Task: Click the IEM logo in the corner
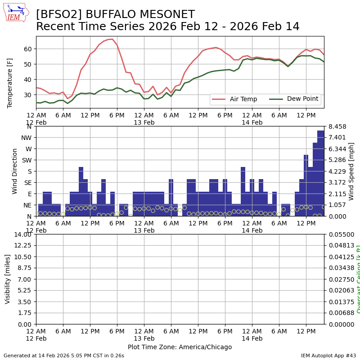pos(16,13)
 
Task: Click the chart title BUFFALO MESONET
pos(115,15)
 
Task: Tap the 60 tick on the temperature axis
pos(27,49)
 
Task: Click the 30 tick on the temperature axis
pos(27,94)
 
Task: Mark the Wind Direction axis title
pos(15,171)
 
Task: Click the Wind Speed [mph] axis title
pos(351,171)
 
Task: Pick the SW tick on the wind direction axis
pos(26,160)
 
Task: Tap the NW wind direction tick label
pos(26,137)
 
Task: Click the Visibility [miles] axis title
pos(8,279)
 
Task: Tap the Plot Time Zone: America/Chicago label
pos(180,347)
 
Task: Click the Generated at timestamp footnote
pos(64,355)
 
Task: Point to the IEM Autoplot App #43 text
pos(328,355)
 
